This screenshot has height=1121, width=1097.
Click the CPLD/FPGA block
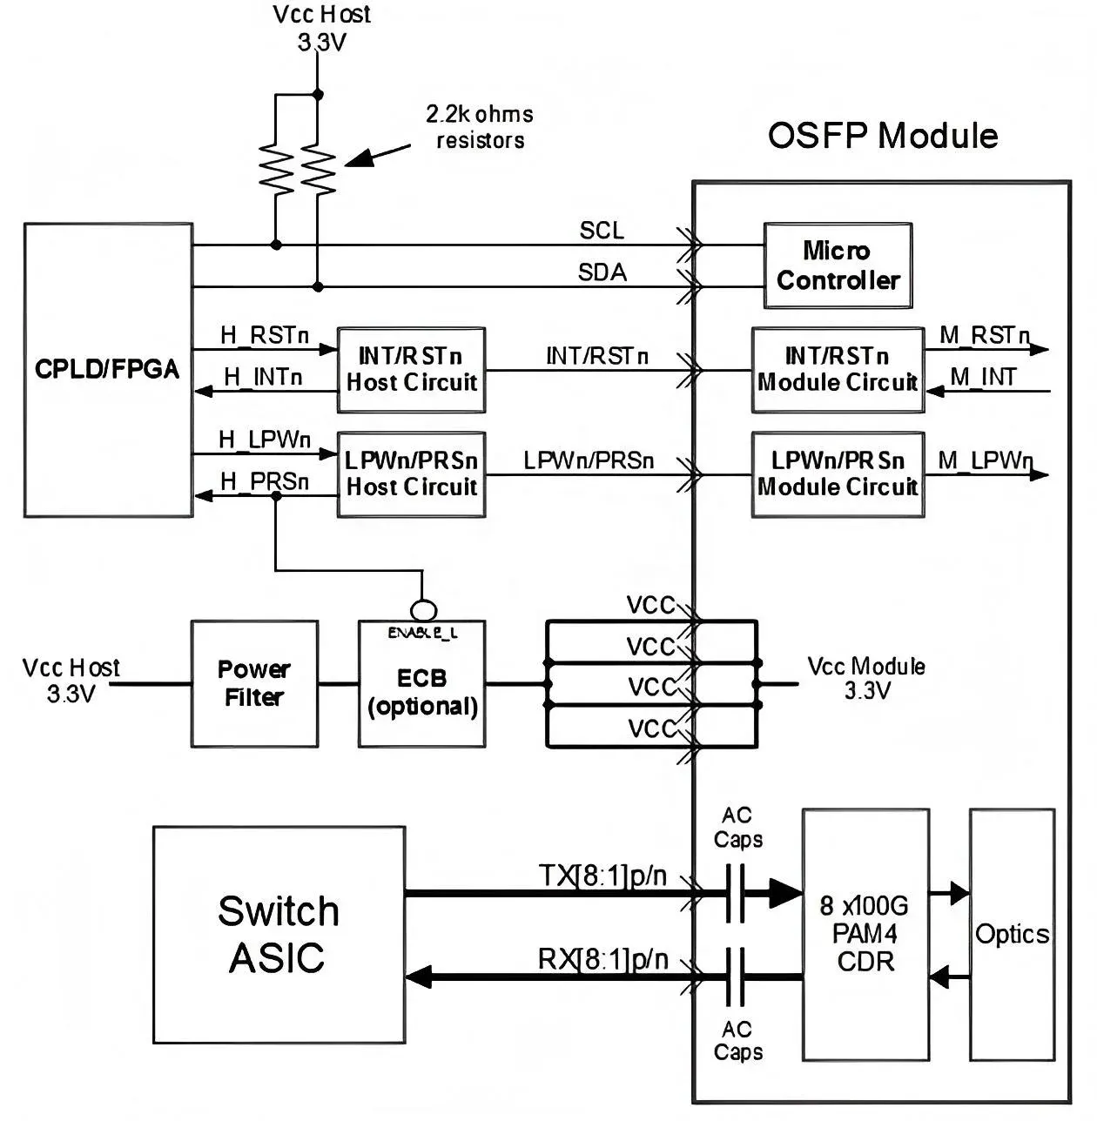click(x=108, y=370)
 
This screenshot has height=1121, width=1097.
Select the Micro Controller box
click(x=838, y=265)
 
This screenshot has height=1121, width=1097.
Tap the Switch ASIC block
click(x=279, y=935)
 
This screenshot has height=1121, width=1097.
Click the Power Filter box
click(x=254, y=684)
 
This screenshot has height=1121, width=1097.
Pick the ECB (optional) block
click(x=421, y=684)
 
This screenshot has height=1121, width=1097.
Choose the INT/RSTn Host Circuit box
click(x=411, y=370)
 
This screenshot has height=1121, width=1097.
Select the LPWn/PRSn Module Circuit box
click(x=838, y=474)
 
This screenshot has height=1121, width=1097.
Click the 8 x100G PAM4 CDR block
click(x=865, y=935)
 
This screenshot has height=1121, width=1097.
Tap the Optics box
click(x=1013, y=935)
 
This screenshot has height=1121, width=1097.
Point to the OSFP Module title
click(x=883, y=136)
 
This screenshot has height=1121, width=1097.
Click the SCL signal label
click(x=602, y=231)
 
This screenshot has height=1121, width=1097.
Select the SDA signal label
click(x=602, y=272)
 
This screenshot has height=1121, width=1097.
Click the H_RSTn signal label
click(x=265, y=335)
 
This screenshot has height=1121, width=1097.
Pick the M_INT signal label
click(x=983, y=378)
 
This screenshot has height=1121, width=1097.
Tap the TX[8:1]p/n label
click(x=602, y=876)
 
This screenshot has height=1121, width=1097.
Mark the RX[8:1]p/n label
click(x=602, y=959)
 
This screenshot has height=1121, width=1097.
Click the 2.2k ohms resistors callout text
click(x=480, y=127)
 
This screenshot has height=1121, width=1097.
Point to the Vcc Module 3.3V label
click(x=866, y=678)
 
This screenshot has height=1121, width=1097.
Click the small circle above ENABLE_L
click(x=423, y=610)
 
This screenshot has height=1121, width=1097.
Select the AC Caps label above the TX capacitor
click(x=737, y=827)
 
